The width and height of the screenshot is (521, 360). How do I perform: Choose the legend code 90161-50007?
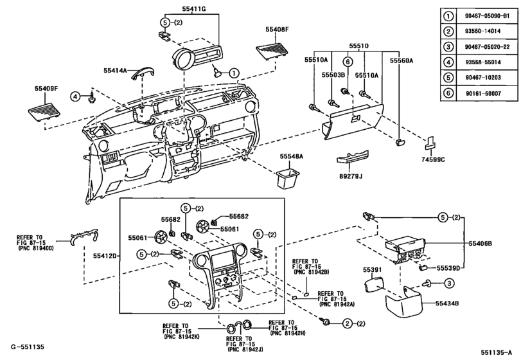coord(484,94)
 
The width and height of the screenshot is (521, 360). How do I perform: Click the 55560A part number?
coord(401,60)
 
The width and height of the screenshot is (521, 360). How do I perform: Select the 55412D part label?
coord(101,256)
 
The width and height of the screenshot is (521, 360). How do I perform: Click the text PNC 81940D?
coord(36,248)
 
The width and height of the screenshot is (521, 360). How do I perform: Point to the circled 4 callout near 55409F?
coord(76,96)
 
